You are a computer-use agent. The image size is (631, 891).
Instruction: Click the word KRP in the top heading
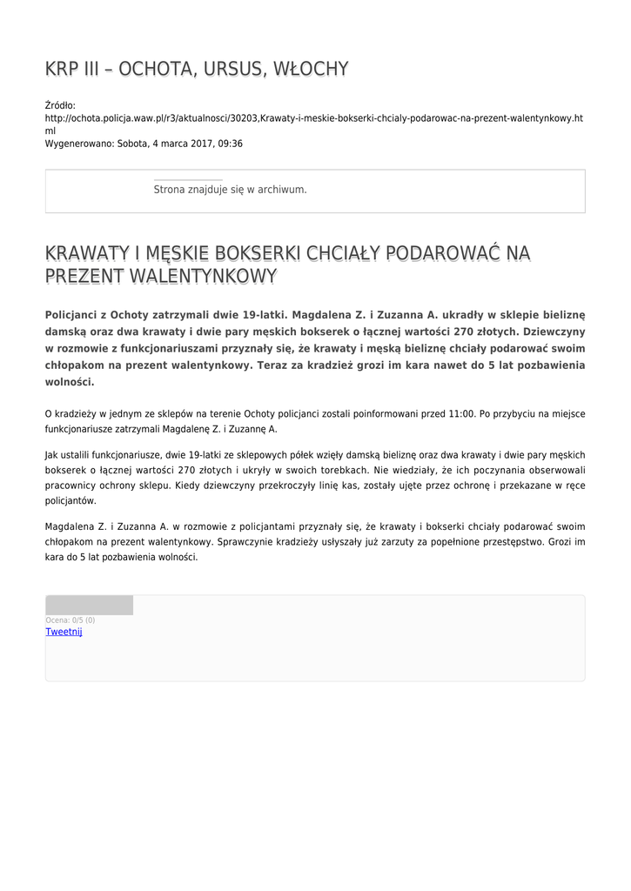click(x=61, y=69)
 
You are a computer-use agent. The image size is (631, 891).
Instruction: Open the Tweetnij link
click(x=64, y=632)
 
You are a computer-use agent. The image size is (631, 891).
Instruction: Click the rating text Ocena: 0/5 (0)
click(x=70, y=620)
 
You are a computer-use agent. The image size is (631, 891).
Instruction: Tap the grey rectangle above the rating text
click(x=89, y=605)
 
